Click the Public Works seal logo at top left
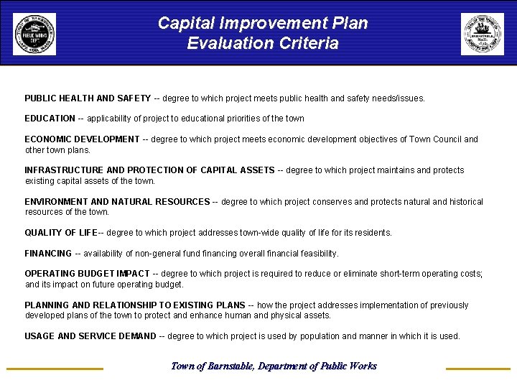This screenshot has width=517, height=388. [x=34, y=34]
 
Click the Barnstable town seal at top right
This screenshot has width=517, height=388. [x=483, y=34]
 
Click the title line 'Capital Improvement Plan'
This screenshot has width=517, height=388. [x=263, y=23]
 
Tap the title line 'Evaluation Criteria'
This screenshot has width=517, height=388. [x=263, y=44]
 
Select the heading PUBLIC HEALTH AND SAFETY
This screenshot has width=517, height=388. [x=88, y=98]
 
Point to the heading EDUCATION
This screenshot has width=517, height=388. [x=50, y=118]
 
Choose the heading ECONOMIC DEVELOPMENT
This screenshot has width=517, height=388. [x=82, y=139]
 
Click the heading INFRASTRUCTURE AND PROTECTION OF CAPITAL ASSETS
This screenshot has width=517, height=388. [x=149, y=170]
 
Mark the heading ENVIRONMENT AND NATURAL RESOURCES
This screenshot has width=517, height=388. [x=117, y=202]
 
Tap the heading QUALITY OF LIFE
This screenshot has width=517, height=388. [x=61, y=233]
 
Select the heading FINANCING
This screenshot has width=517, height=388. [x=48, y=254]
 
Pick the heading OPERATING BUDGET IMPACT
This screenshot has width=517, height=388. [x=87, y=274]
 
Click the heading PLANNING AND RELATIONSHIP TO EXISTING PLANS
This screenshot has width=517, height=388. [x=135, y=305]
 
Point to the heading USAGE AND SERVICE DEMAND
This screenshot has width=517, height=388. [x=90, y=336]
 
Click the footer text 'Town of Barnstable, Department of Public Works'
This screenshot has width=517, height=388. [x=274, y=366]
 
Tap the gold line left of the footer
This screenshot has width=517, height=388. [x=55, y=369]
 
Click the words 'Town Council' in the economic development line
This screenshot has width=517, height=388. [x=437, y=139]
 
